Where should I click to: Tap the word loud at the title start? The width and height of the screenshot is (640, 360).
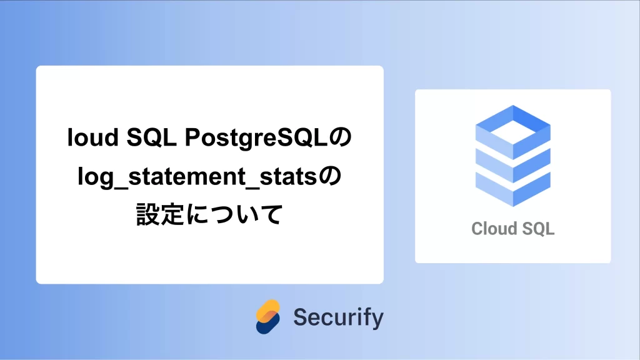pyautogui.click(x=92, y=137)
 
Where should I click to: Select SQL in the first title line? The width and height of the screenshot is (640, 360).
pyautogui.click(x=151, y=137)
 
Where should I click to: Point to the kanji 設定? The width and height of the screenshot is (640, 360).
pyautogui.click(x=160, y=214)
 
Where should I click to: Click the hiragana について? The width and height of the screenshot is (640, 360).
pyautogui.click(x=234, y=214)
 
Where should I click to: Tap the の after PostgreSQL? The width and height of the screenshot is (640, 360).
pyautogui.click(x=340, y=137)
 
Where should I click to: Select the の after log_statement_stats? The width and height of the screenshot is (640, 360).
pyautogui.click(x=329, y=177)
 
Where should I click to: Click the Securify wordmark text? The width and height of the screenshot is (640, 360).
pyautogui.click(x=338, y=317)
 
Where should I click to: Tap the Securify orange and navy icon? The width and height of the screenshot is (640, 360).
pyautogui.click(x=267, y=317)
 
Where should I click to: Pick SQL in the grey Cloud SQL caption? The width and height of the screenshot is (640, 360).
pyautogui.click(x=538, y=229)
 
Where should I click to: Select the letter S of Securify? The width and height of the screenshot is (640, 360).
pyautogui.click(x=301, y=317)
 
